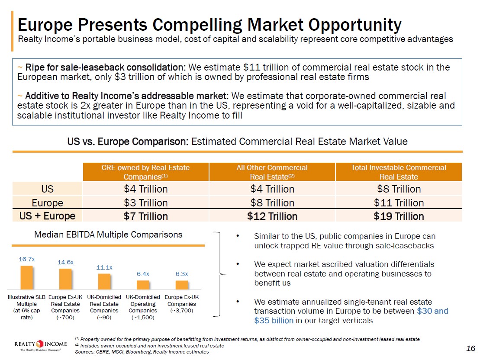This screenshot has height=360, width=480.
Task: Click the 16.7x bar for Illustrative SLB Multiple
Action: coord(26,277)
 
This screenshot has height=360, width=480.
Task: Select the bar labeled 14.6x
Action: coord(65,279)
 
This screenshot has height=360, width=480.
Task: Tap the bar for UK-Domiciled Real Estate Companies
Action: coord(104,281)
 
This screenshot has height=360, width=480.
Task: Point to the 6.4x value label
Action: coord(143,274)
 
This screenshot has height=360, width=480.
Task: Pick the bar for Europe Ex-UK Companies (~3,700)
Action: coord(182,285)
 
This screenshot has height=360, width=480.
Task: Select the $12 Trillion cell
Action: coord(272,216)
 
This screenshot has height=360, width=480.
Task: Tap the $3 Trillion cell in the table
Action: coord(145,202)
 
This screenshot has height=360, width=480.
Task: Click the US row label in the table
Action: coord(48,189)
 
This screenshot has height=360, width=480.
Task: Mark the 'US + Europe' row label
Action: coord(48,216)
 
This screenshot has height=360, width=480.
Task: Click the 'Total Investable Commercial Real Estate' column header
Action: coord(399,172)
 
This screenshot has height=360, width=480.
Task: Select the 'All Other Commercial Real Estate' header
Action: coord(272,172)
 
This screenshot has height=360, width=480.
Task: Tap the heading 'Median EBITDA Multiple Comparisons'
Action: coord(108,235)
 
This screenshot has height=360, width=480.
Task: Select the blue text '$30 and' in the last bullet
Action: coord(432,311)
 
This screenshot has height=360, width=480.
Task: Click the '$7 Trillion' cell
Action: coord(145,216)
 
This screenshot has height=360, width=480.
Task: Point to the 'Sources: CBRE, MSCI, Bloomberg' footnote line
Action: coord(142,352)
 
